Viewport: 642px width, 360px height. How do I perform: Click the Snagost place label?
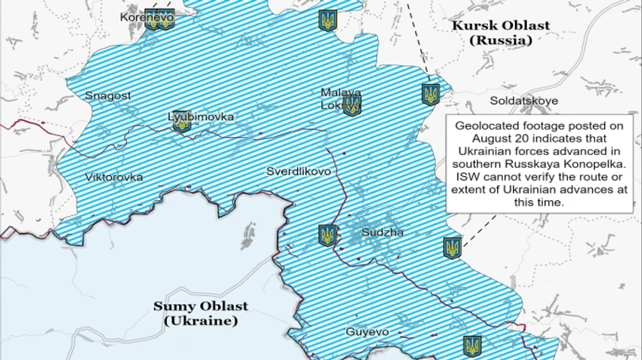[x=108, y=96]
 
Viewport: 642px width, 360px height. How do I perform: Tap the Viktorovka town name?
[x=113, y=177]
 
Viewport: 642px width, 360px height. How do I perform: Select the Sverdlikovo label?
[x=298, y=172]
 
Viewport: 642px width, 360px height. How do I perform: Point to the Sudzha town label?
[x=382, y=232]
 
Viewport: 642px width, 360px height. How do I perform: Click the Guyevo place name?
[x=367, y=331]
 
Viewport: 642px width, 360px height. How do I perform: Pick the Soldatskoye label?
[x=524, y=101]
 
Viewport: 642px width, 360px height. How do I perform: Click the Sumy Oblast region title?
[x=201, y=307]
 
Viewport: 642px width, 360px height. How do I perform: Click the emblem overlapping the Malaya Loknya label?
[x=352, y=106]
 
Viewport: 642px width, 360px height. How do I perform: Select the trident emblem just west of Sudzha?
[x=327, y=235]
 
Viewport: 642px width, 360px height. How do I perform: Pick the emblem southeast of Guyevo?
[x=472, y=346]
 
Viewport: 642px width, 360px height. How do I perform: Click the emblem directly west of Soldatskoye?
[x=430, y=94]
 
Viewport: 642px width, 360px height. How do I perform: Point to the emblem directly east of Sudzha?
[x=452, y=248]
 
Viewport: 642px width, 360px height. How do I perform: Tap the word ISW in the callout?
[x=463, y=176]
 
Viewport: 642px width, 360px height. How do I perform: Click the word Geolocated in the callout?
[x=485, y=125]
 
